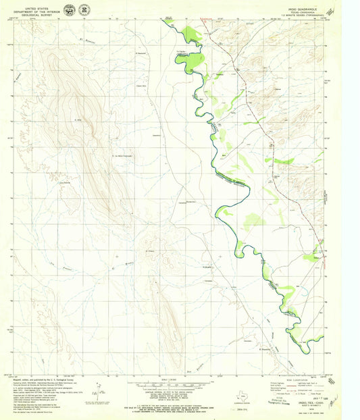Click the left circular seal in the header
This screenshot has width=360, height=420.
point(68,9)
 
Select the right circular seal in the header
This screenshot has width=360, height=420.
point(83,9)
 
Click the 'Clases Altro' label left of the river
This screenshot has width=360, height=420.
point(141,85)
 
